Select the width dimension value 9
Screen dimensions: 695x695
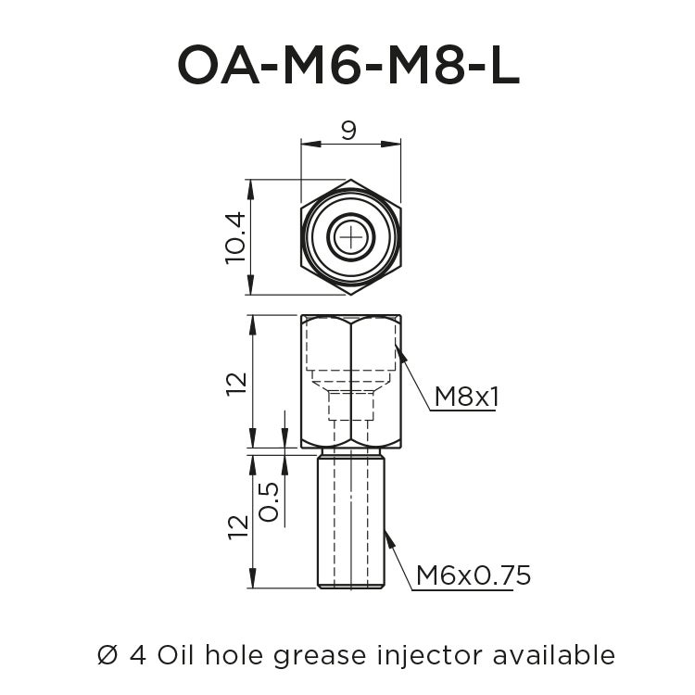tap(348, 131)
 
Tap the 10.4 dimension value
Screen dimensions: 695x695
tap(235, 237)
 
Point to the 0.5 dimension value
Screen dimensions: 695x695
tap(270, 501)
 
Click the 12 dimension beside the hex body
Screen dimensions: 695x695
tap(237, 382)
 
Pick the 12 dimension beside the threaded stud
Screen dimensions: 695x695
tap(237, 524)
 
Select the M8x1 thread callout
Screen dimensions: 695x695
tap(466, 397)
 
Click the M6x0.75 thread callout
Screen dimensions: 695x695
tap(473, 575)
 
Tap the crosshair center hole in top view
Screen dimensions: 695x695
tap(351, 237)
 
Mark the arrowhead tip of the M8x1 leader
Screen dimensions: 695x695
tap(397, 347)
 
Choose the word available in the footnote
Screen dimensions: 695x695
tap(555, 655)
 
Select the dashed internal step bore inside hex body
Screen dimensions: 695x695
tap(351, 389)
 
